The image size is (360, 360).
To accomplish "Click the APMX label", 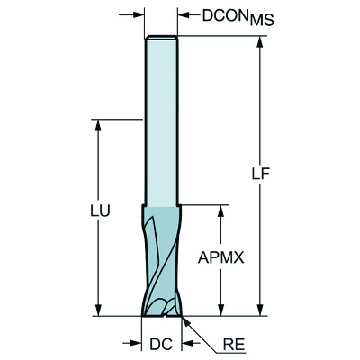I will (x=220, y=257).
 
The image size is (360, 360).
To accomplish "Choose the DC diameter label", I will (x=161, y=343).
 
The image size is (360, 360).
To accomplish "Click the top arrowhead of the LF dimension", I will (x=261, y=42).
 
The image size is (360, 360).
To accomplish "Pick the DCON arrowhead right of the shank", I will (x=182, y=14).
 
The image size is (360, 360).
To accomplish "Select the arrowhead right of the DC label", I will (x=186, y=343).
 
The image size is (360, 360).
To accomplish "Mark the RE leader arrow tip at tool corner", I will (x=184, y=317).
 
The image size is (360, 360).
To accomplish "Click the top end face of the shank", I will (x=162, y=37).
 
